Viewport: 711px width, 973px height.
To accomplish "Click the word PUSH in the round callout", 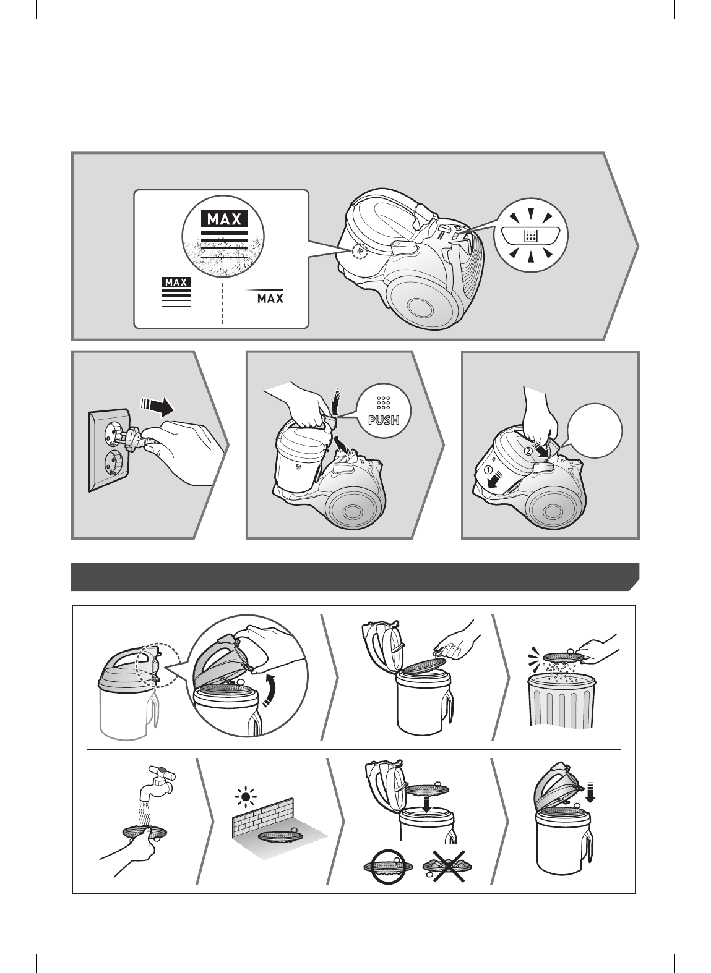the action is (383, 420).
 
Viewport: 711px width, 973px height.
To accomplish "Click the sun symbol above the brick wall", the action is (245, 797).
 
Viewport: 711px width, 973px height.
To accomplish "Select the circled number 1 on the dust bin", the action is (488, 470).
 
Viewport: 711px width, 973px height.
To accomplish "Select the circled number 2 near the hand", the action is (527, 451).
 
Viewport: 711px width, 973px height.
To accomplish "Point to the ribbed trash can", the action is (561, 700).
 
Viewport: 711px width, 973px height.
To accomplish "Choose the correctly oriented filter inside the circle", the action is (389, 867).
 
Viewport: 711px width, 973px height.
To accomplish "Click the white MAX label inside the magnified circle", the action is (224, 219).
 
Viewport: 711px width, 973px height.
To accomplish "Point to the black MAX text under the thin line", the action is (270, 299).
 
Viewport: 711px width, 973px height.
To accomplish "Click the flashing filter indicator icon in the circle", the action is (530, 236).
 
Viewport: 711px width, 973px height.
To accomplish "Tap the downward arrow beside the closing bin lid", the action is (590, 792).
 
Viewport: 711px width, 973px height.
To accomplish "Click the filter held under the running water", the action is (145, 833).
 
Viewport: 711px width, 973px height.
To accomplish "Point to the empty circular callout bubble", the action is (595, 430).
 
